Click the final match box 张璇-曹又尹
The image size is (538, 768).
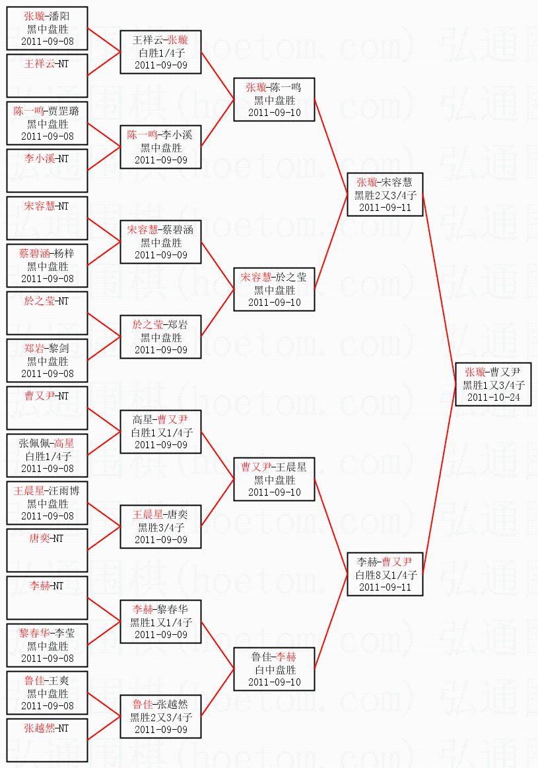point(493,384)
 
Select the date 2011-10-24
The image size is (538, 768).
point(493,398)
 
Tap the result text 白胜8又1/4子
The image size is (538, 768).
point(386,575)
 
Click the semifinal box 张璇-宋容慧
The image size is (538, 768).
point(386,194)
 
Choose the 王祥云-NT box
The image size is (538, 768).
point(47,76)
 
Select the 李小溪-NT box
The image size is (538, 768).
point(47,171)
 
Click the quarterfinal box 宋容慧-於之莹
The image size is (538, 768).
point(274,289)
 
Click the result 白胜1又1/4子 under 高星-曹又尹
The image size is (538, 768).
point(160,432)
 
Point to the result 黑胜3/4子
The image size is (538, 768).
point(160,527)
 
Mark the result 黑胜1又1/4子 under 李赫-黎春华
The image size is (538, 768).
point(160,622)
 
